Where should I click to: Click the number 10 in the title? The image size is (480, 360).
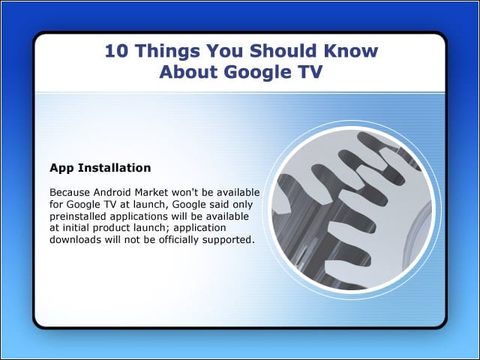pyautogui.click(x=116, y=50)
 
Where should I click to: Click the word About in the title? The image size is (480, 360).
pyautogui.click(x=189, y=72)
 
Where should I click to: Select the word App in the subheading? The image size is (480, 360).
pyautogui.click(x=61, y=168)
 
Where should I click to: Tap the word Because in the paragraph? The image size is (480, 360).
pyautogui.click(x=70, y=193)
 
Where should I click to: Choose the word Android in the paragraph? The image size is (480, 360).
pyautogui.click(x=112, y=193)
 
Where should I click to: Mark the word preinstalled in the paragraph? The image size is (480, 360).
pyautogui.click(x=78, y=217)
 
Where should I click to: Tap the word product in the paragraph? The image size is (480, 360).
pyautogui.click(x=112, y=228)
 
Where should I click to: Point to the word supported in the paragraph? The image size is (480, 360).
pyautogui.click(x=228, y=240)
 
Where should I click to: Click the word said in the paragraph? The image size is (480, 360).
pyautogui.click(x=220, y=204)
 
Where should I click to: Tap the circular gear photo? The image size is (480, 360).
pyautogui.click(x=352, y=210)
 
